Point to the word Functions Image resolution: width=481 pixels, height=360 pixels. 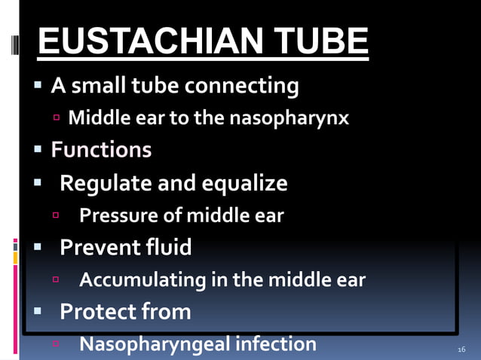[101, 150]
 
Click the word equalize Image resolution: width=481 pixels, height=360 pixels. [243, 183]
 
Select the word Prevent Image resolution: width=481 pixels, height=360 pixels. [98, 247]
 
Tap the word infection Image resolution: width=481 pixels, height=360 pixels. [276, 344]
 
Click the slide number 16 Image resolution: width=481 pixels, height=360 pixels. [461, 349]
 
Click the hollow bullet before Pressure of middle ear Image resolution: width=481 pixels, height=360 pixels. [57, 216]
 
